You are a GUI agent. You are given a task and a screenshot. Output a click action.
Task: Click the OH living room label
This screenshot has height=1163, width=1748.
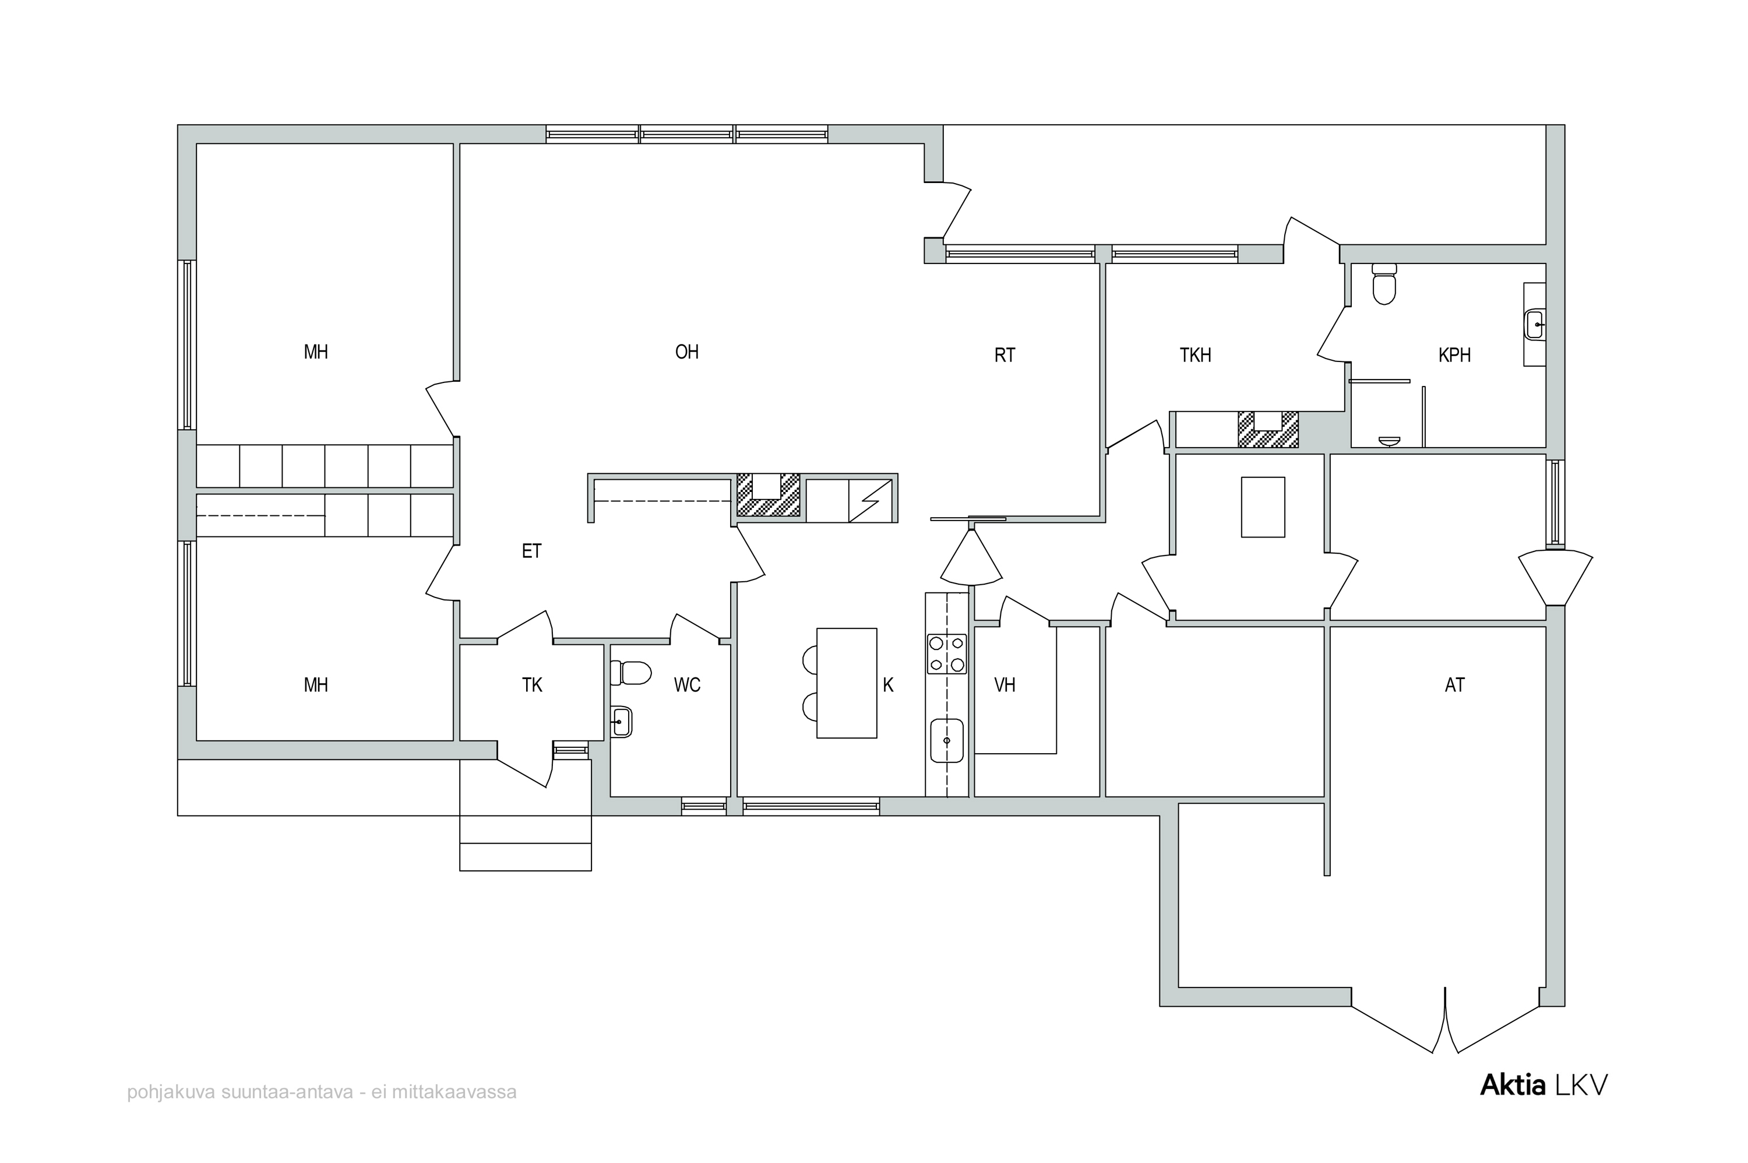686,352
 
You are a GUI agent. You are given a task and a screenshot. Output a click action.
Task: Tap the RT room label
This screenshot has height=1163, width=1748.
1005,355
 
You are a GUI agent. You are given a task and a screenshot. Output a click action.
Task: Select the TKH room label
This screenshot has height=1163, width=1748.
1195,355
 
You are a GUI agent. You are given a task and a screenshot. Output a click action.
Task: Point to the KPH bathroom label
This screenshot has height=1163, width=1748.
1454,355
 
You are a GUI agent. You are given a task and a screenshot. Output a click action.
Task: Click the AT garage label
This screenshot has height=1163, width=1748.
1454,684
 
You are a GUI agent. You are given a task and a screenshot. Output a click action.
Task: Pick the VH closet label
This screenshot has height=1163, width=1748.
1005,684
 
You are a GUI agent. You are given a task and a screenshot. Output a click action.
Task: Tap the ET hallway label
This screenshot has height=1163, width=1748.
531,551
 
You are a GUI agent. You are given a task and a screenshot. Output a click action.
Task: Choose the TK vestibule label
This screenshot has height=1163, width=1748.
531,684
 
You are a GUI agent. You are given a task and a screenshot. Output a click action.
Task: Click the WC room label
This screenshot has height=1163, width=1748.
687,684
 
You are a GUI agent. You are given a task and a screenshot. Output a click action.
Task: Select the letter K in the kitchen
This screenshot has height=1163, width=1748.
888,684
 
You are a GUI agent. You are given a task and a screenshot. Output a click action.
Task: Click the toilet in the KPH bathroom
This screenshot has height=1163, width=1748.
1384,283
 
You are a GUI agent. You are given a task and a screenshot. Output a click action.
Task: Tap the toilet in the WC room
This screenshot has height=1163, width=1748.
630,673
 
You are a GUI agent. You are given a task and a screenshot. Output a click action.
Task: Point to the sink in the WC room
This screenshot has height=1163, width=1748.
621,721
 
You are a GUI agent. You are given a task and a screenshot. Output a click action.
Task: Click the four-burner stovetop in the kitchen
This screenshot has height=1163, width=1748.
947,654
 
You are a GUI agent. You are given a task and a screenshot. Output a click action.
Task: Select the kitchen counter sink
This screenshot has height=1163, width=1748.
947,740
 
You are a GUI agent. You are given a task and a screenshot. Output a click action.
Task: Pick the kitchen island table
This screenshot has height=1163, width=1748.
847,683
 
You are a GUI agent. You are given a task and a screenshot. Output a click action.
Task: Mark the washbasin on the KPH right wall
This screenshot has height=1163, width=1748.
1534,324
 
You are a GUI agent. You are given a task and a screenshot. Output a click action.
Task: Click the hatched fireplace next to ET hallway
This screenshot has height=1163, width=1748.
768,495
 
